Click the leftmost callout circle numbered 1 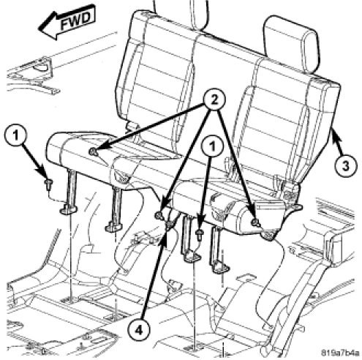[16, 135]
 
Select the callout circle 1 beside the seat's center [213, 147]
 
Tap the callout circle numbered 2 [214, 100]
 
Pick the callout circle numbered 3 [345, 167]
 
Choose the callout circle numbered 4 [139, 331]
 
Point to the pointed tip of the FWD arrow [39, 29]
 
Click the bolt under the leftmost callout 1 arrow [48, 184]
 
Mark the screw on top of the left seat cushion [93, 152]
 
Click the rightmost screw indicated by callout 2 [254, 222]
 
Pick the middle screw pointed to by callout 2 [159, 215]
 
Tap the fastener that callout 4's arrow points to [169, 225]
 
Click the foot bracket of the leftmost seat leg [68, 209]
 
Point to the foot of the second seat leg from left [114, 227]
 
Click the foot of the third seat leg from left [192, 257]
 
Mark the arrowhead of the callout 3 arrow [334, 133]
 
